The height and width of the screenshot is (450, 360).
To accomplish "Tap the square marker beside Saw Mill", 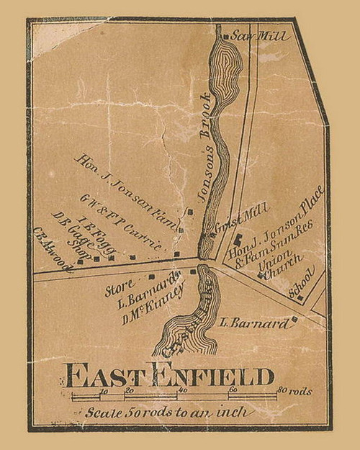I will [x=225, y=37].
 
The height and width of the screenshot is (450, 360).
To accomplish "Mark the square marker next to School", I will [x=300, y=297].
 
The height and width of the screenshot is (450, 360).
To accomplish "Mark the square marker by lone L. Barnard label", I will [x=294, y=319].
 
